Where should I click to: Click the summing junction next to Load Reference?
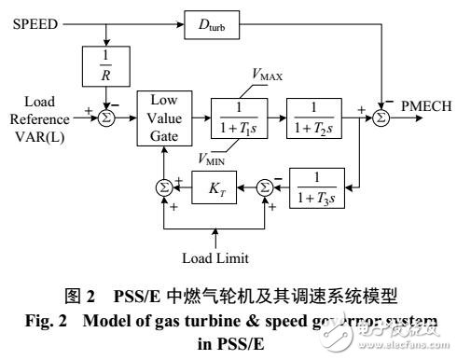(106, 116)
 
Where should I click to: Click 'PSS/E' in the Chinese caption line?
(169, 300)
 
